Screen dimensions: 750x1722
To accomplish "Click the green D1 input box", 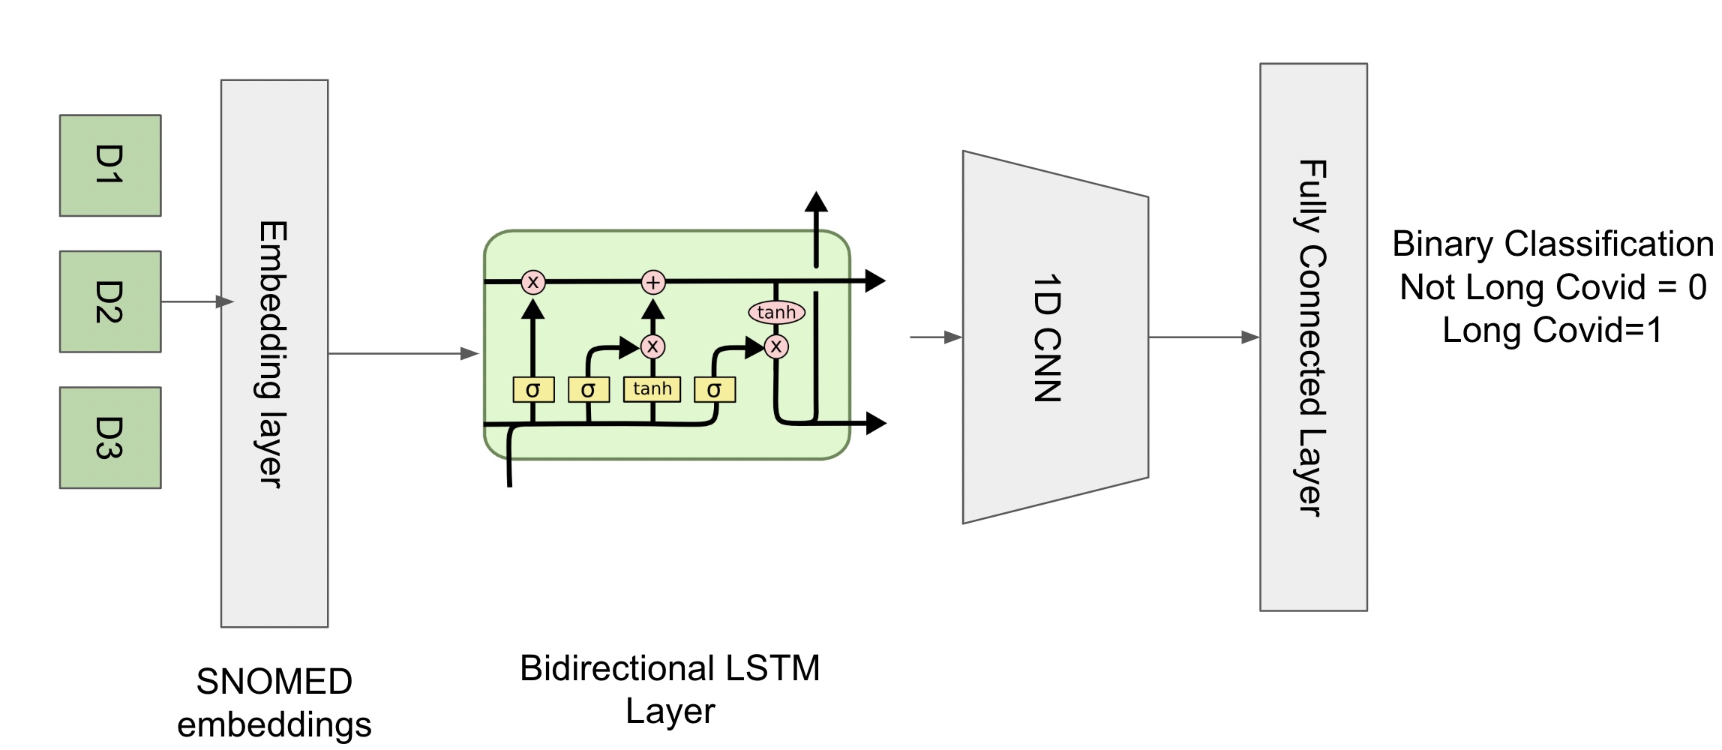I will (x=110, y=166).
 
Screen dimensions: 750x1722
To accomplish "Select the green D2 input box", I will (x=110, y=301).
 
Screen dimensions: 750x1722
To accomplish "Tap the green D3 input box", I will (x=110, y=438).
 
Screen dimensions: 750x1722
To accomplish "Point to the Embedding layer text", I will (x=273, y=354).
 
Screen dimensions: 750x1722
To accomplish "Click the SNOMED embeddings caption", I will (x=274, y=703).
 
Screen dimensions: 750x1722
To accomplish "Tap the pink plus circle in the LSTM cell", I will (x=653, y=283).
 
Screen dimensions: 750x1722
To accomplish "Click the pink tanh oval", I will (x=776, y=312).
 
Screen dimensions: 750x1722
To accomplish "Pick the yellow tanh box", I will (x=652, y=389).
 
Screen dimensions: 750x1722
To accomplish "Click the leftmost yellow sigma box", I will (x=533, y=390).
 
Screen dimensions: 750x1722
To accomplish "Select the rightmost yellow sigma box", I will (x=714, y=390).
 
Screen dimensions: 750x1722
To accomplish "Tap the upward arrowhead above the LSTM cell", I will (x=816, y=202).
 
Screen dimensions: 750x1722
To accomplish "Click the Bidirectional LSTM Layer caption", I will (x=670, y=689).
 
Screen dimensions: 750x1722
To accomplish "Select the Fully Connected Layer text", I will (x=1312, y=337).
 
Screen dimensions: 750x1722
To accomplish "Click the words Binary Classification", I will (x=1552, y=244).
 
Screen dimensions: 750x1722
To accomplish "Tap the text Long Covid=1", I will (x=1552, y=330).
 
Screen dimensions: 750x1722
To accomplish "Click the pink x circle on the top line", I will (x=533, y=283).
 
